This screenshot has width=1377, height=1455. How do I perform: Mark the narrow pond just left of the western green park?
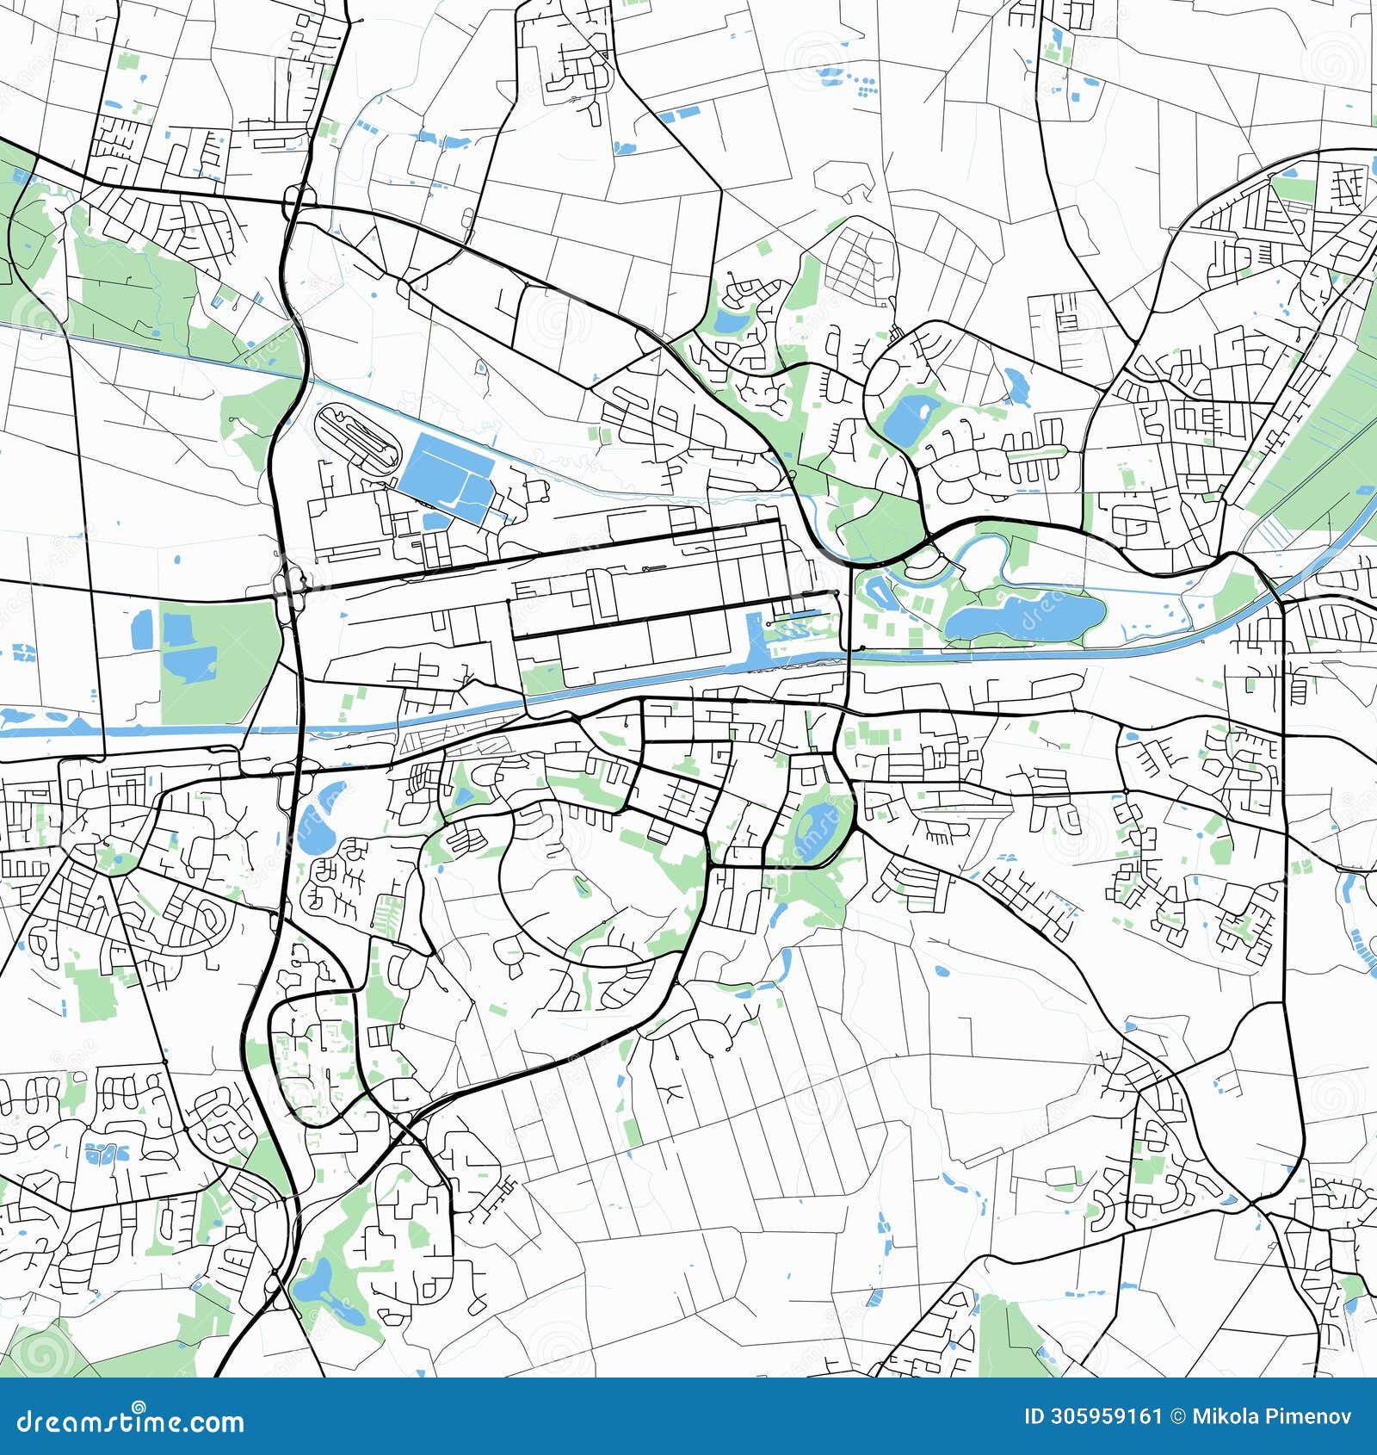pos(141,629)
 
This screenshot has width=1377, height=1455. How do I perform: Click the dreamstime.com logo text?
pos(131,1421)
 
